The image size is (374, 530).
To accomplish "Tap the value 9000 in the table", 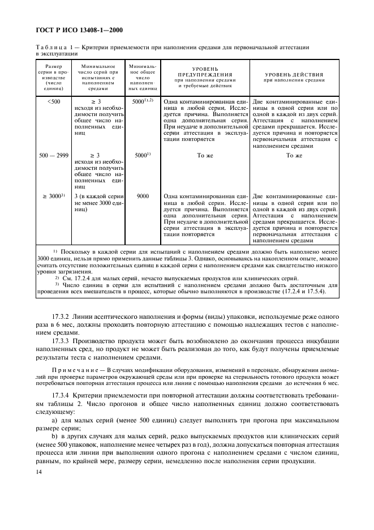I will click(x=143, y=196).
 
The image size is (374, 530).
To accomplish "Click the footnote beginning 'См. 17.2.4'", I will click(x=170, y=279).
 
